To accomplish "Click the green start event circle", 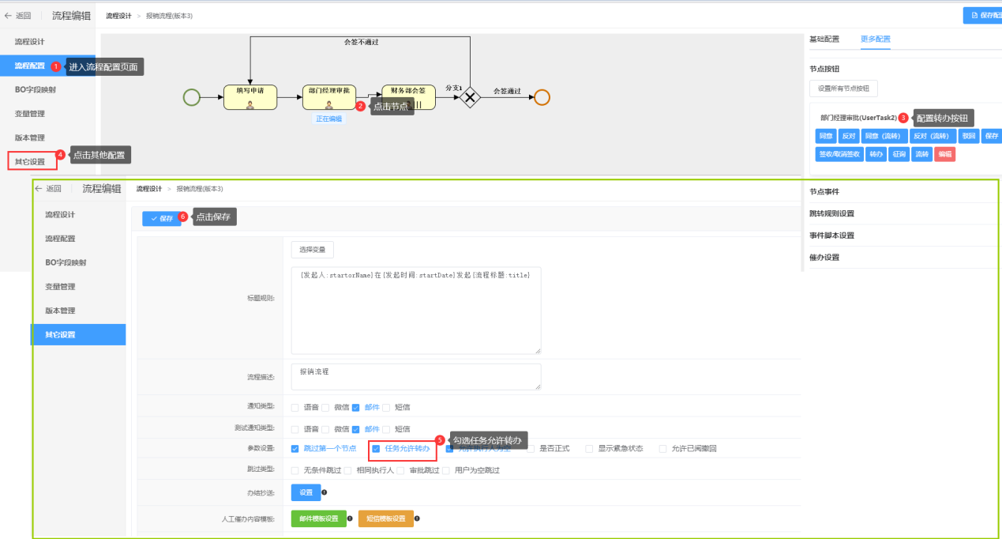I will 191,97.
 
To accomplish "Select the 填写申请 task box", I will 250,97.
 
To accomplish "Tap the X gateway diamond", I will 471,97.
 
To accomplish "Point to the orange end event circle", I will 542,97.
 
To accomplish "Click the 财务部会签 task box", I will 408,97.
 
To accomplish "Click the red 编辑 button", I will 944,155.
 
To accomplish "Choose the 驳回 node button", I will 968,136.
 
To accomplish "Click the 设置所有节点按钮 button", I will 843,89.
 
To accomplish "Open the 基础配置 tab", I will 824,39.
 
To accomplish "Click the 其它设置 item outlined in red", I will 32,162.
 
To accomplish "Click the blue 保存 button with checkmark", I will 161,218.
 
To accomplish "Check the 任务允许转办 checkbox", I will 376,449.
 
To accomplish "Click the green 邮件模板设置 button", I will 318,518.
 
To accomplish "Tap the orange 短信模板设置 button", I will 385,518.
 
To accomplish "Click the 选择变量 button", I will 312,250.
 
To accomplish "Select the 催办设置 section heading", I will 824,258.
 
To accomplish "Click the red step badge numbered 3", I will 903,118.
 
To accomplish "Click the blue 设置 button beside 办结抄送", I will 306,492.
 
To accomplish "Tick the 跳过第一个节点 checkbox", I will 295,449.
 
